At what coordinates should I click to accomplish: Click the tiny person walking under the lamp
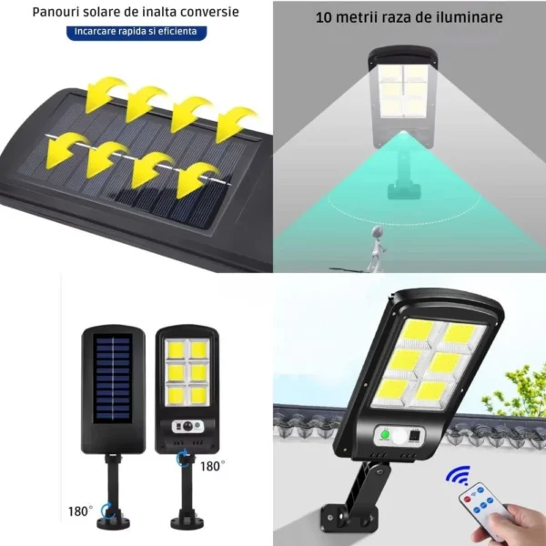tap(373, 246)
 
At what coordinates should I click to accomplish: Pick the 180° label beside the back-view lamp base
tap(80, 511)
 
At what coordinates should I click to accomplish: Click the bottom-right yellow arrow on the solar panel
tap(197, 179)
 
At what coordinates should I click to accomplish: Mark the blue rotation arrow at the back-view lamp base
tap(107, 511)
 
